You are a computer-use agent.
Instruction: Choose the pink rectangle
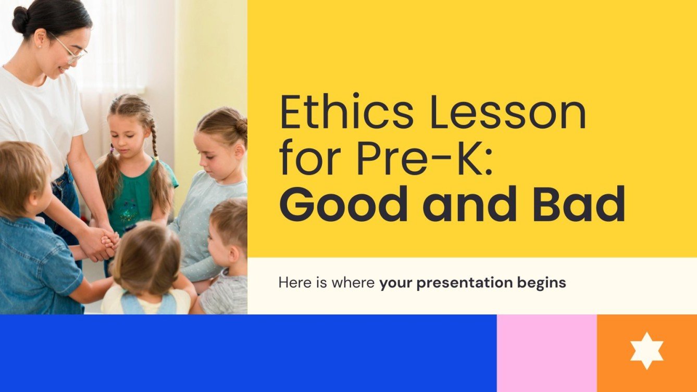click(x=546, y=353)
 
